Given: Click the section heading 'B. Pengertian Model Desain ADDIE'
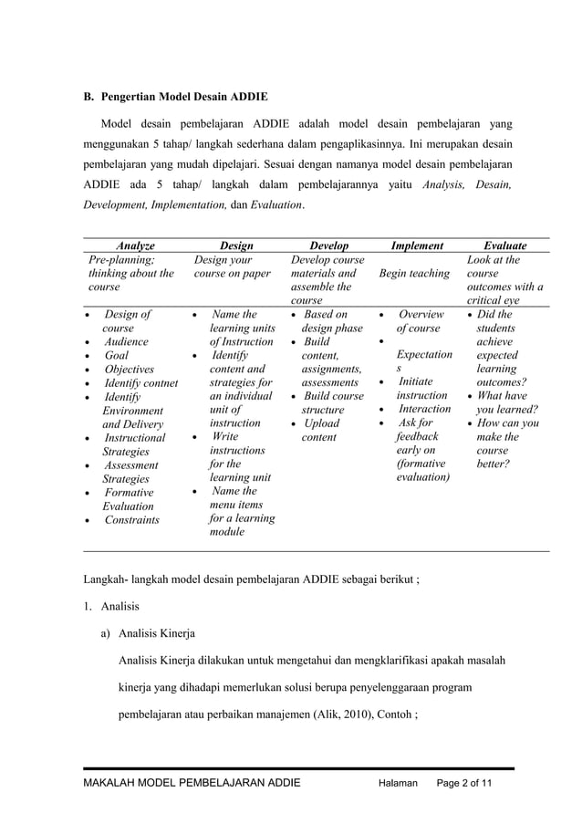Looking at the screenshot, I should pyautogui.click(x=175, y=96).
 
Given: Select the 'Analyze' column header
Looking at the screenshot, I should pyautogui.click(x=135, y=245).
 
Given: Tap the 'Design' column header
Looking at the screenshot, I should pyautogui.click(x=236, y=245).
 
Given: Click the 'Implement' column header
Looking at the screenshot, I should pyautogui.click(x=417, y=245).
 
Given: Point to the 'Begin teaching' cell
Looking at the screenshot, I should pyautogui.click(x=415, y=273).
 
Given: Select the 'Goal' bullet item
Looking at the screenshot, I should pyautogui.click(x=117, y=355).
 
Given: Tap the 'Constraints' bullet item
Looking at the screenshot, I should pyautogui.click(x=131, y=520).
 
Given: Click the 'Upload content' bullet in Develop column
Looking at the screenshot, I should pyautogui.click(x=320, y=431).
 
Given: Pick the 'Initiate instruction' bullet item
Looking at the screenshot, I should pyautogui.click(x=421, y=389).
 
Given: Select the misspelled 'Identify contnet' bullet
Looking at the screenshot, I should pyautogui.click(x=140, y=382).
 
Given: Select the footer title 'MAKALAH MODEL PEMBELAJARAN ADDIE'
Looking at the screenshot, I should pyautogui.click(x=192, y=783).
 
